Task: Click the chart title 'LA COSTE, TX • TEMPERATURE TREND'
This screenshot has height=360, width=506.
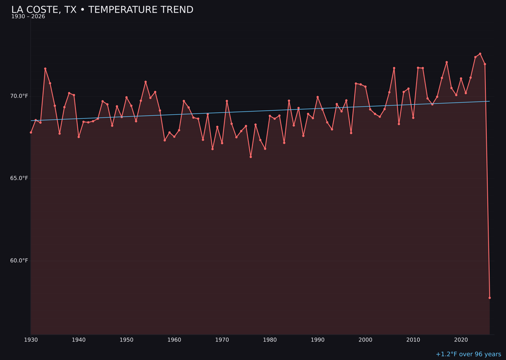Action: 102,10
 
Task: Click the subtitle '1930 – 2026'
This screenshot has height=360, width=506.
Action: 28,17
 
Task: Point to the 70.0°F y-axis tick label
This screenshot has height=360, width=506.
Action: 19,96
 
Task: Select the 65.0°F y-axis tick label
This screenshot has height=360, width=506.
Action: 19,178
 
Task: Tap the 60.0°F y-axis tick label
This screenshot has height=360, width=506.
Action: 19,261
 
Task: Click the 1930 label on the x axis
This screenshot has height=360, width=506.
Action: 31,340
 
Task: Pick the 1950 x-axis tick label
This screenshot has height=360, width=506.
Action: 126,340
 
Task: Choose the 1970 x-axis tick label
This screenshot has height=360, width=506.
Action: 222,340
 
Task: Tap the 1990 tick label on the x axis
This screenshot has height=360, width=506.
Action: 318,340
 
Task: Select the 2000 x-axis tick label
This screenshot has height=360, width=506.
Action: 365,340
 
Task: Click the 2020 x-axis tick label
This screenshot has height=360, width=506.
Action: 461,340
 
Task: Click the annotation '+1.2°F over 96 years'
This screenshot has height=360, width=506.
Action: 468,354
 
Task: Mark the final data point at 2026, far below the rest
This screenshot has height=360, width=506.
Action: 490,298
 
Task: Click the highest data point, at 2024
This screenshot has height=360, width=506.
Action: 480,54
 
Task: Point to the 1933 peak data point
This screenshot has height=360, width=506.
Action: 45,69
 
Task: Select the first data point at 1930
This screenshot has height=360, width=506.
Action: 31,132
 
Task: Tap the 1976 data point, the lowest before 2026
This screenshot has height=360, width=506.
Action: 251,157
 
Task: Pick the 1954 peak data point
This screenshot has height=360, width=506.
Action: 146,82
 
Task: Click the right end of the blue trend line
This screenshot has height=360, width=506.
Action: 489,101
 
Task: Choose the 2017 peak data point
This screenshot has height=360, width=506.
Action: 446,62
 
